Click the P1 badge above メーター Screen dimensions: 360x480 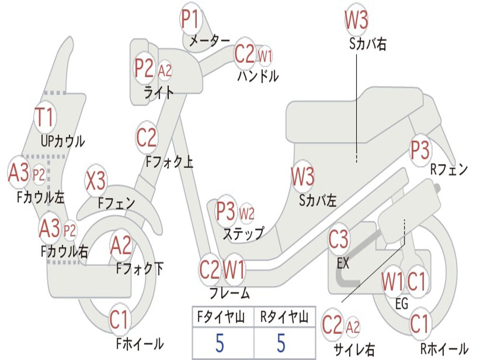click(190, 20)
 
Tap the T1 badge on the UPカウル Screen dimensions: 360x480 click(45, 117)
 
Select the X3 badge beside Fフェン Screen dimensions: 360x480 click(96, 181)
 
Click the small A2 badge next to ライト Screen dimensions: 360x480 click(165, 71)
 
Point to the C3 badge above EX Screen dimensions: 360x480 click(338, 240)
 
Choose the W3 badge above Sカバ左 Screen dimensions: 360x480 click(302, 177)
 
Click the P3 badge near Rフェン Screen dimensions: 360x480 click(420, 150)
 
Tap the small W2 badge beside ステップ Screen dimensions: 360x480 click(247, 214)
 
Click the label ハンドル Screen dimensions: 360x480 click(257, 76)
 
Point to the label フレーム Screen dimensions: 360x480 click(229, 294)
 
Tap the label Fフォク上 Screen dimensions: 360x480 click(170, 162)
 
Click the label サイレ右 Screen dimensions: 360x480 click(354, 349)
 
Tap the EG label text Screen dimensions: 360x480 click(402, 303)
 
